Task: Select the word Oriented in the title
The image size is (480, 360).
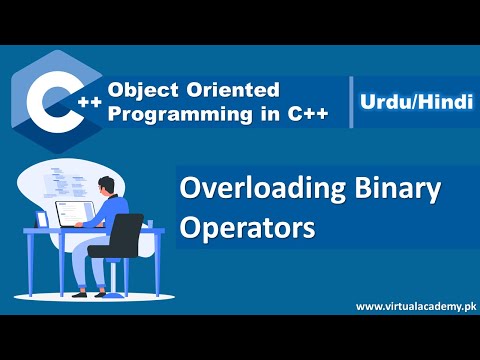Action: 222,89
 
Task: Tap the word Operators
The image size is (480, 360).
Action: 246,226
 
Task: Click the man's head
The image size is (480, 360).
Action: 109,185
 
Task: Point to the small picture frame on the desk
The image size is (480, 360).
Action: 43,219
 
